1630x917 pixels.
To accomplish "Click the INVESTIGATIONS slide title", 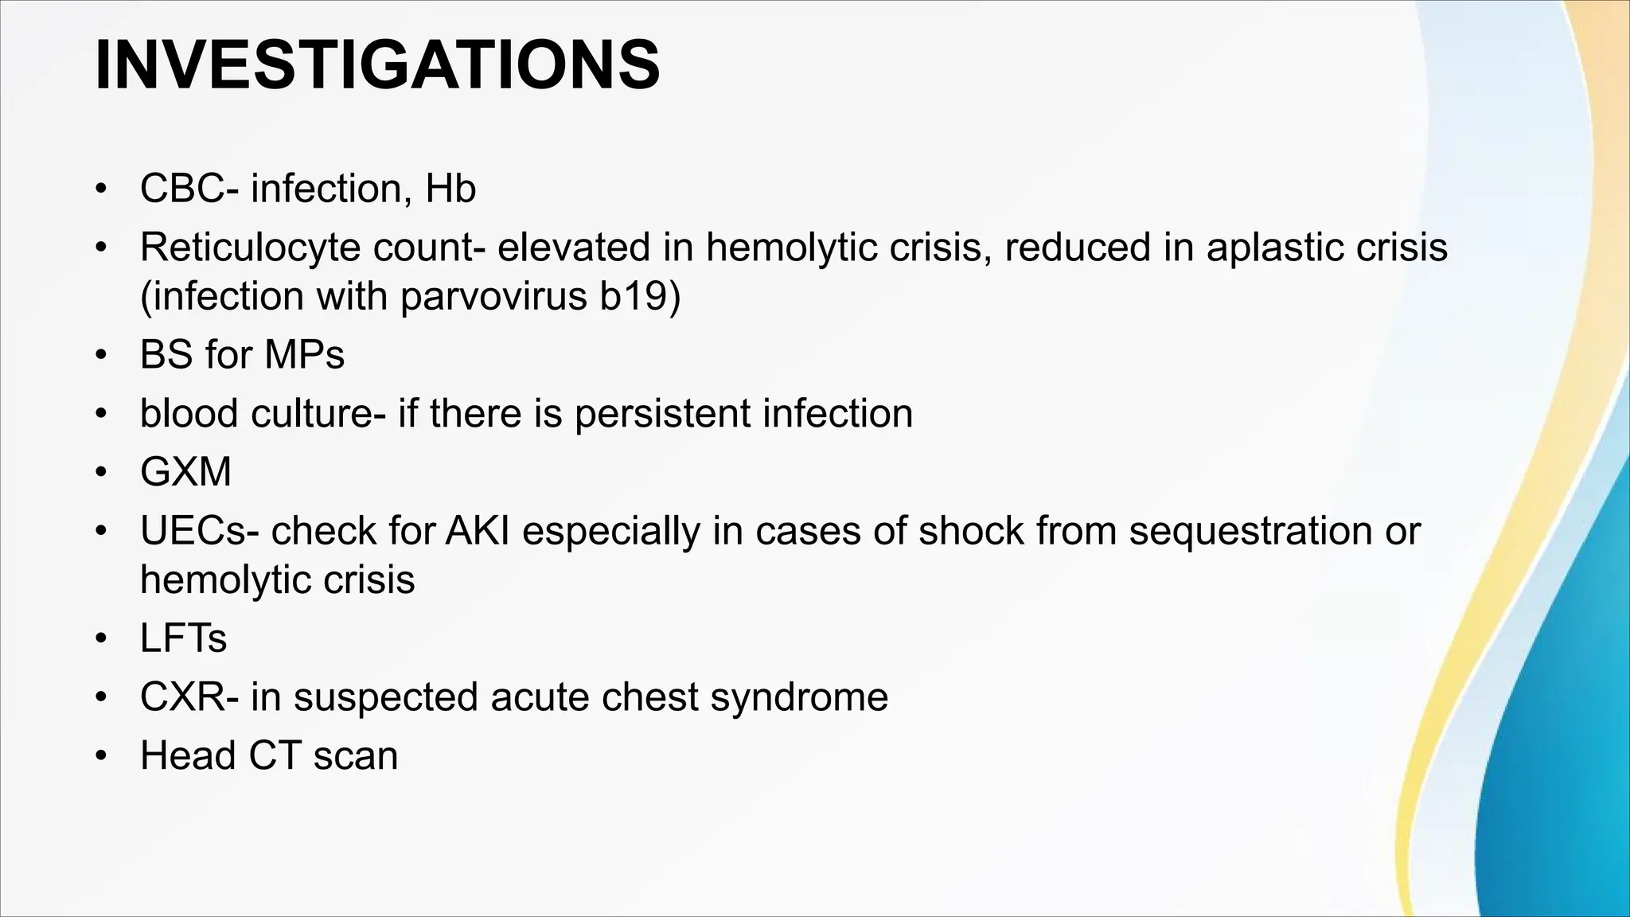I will [x=376, y=65].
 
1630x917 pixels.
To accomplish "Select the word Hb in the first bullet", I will [x=450, y=189].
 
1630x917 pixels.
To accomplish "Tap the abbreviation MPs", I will [x=304, y=355].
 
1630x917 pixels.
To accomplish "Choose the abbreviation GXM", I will [x=185, y=472].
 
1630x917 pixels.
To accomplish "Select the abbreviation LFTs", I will [x=183, y=638].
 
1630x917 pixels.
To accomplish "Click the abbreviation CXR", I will [x=183, y=697].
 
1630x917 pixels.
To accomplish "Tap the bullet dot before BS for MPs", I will [x=99, y=355].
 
